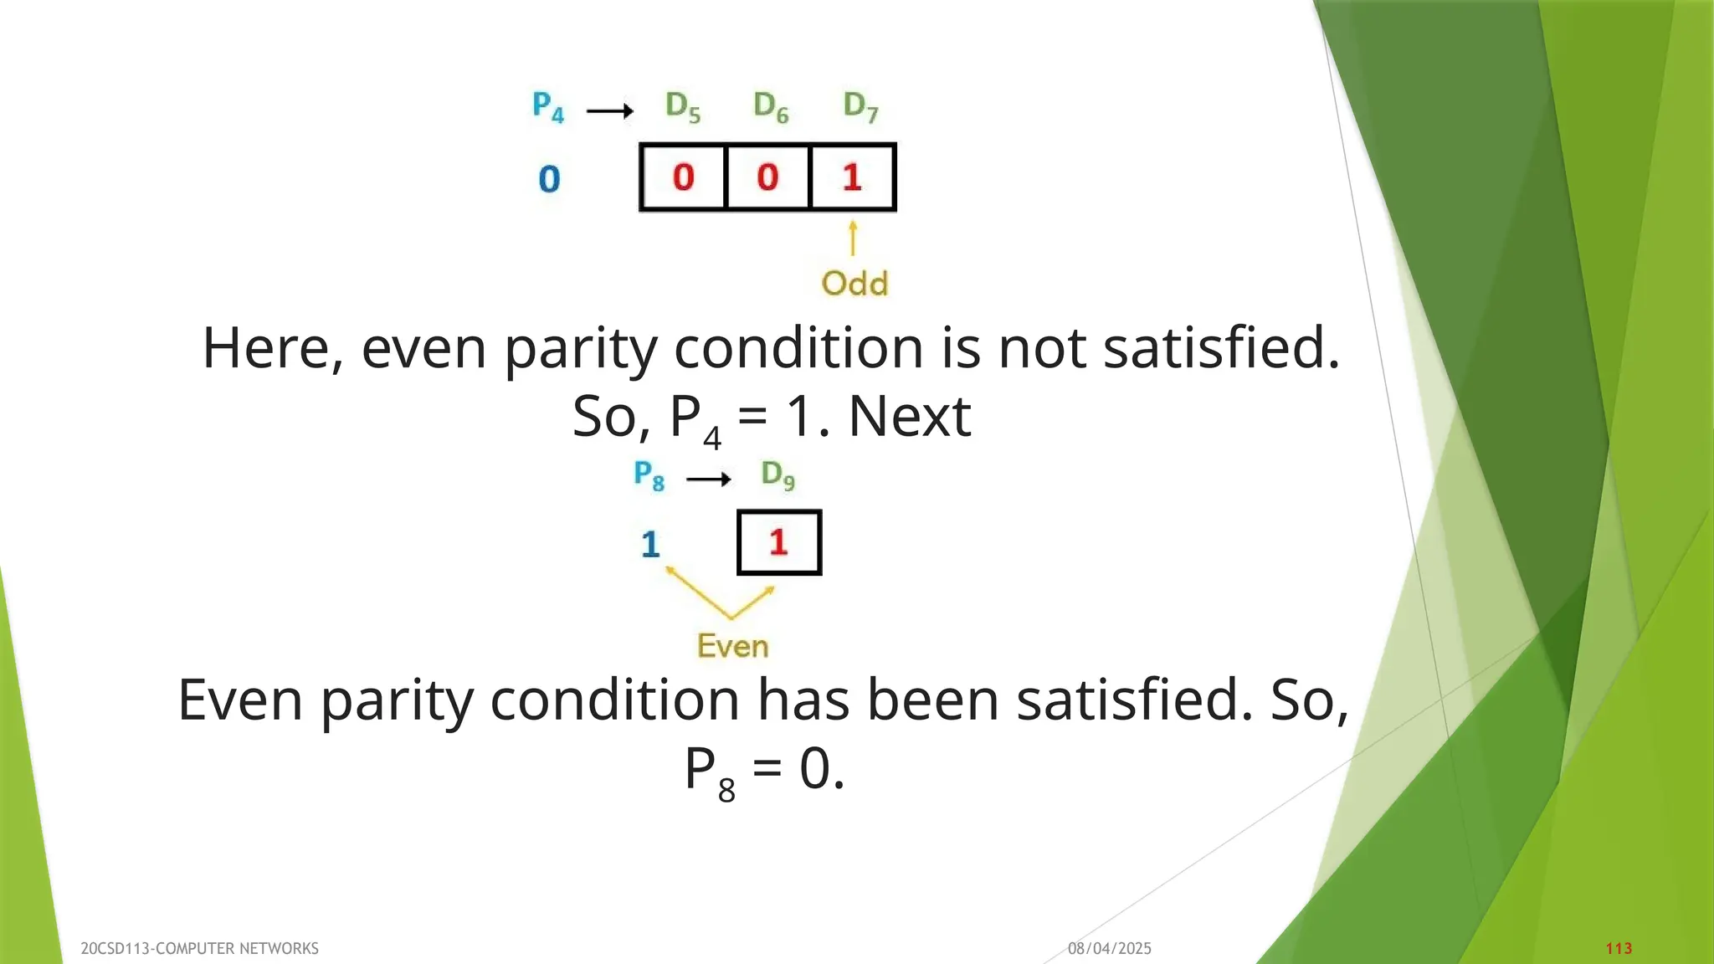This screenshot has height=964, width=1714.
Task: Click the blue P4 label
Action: (548, 107)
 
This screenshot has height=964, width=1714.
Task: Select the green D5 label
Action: (683, 107)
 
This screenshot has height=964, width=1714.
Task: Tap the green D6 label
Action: (771, 107)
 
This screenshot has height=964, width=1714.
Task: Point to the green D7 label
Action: (860, 107)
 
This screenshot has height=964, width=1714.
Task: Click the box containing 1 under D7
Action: (853, 177)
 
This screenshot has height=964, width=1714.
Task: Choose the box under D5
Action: (683, 177)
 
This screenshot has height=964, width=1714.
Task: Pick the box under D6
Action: (768, 177)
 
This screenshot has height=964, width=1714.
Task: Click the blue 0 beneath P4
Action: (549, 179)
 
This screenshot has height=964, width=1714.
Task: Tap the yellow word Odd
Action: (854, 284)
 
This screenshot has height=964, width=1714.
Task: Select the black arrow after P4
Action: (609, 110)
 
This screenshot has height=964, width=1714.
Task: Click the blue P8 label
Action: (649, 475)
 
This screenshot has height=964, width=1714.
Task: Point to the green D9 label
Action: (777, 475)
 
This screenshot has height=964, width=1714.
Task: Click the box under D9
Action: (779, 542)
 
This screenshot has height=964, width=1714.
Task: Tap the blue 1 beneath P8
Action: (650, 545)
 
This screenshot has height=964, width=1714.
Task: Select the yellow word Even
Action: (732, 646)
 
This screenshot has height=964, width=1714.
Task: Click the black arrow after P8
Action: (708, 479)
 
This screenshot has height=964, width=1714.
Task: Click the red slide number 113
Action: (1619, 948)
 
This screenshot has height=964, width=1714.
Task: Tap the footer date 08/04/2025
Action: (1109, 948)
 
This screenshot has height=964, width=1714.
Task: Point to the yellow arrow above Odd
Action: (853, 238)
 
